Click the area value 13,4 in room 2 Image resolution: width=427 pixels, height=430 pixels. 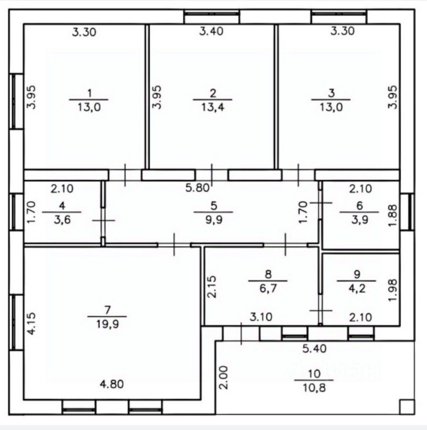213,107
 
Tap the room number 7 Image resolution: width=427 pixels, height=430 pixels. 108,310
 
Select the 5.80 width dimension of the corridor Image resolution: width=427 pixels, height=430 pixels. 197,188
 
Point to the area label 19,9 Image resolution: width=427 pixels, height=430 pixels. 107,324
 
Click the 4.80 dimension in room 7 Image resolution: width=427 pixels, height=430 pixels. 112,384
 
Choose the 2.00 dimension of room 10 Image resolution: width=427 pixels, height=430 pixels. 224,377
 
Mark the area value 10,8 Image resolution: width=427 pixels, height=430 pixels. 314,388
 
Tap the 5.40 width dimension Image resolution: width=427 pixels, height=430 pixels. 315,349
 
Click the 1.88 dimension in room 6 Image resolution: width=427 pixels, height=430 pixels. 393,215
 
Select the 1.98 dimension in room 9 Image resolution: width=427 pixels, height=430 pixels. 393,290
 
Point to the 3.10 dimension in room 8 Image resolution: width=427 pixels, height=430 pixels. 261,317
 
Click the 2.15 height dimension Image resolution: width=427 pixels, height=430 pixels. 212,287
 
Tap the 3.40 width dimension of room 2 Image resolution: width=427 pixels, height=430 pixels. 211,31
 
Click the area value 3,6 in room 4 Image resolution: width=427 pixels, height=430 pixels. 62,220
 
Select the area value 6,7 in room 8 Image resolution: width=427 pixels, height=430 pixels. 268,289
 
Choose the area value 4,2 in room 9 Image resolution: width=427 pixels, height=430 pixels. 357,289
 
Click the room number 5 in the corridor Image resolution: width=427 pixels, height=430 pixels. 214,205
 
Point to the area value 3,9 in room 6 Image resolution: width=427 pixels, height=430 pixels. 360,220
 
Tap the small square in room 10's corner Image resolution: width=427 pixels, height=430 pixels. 407,407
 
